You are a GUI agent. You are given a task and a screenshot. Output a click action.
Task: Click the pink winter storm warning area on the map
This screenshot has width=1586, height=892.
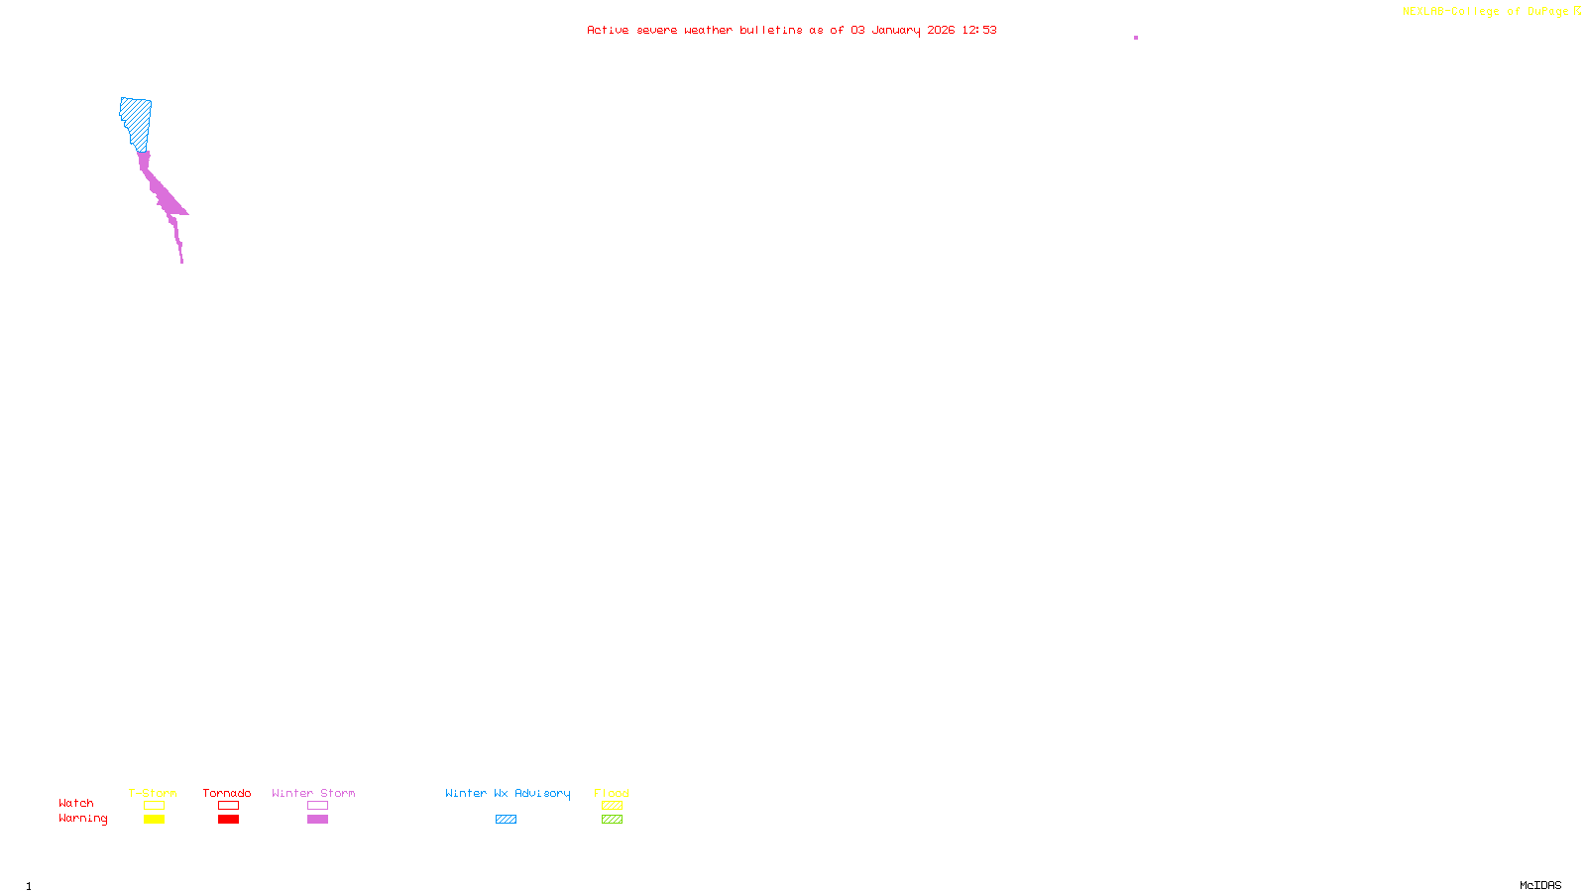point(164,193)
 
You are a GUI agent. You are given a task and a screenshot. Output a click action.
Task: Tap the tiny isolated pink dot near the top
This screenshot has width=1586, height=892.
point(1136,38)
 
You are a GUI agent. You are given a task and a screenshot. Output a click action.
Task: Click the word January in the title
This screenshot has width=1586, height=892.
point(895,30)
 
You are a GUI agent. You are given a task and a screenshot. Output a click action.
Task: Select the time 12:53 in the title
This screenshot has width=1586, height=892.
point(978,30)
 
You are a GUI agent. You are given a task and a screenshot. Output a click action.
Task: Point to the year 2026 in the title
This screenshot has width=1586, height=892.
point(941,30)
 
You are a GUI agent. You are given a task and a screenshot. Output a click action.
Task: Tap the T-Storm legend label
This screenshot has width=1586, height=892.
point(153,793)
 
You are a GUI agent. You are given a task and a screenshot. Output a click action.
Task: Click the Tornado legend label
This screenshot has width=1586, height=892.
point(227,793)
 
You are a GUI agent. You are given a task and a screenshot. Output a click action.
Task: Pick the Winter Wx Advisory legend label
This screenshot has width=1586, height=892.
point(508,793)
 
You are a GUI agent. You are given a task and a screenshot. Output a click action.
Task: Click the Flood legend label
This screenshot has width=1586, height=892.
point(612,793)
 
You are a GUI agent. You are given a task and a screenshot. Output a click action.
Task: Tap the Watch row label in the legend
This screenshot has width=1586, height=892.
point(76,803)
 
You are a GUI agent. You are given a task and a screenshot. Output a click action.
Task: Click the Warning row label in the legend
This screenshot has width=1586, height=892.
point(82,819)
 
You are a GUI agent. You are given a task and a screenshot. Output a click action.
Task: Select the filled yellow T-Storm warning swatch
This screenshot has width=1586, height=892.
point(154,820)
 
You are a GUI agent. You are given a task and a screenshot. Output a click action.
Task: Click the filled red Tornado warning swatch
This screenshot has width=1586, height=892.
point(228,820)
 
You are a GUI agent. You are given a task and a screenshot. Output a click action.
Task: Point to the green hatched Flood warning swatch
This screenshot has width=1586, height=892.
point(612,820)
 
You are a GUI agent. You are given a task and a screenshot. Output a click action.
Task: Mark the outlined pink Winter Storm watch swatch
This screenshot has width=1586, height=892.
point(317,806)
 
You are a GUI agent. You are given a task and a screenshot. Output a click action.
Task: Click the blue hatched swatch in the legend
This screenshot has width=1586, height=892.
point(506,820)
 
